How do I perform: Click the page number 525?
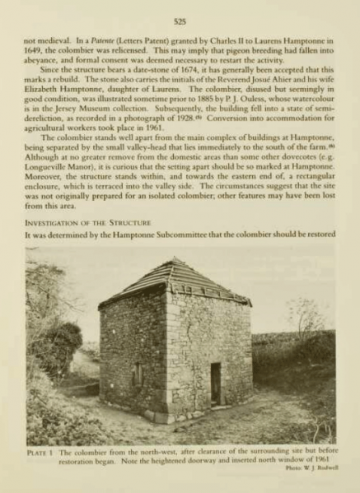pyautogui.click(x=180, y=15)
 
